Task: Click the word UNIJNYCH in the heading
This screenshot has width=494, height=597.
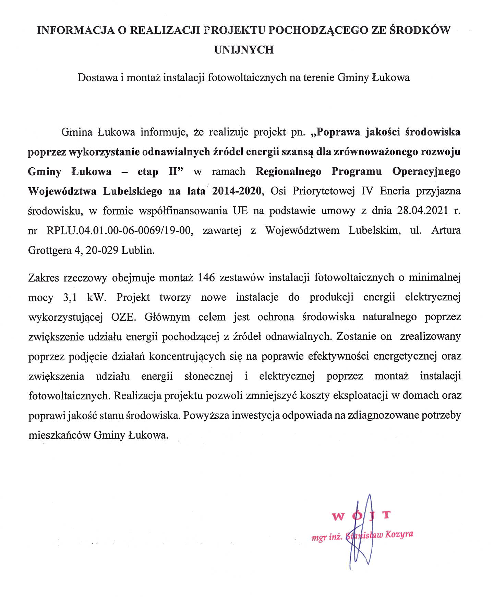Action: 244,50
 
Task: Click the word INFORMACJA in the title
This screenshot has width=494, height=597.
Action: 75,31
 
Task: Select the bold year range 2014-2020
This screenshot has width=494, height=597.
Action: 237,191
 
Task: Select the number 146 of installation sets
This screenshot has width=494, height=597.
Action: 206,277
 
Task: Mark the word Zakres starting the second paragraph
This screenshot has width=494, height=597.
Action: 43,277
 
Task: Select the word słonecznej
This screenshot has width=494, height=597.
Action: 209,376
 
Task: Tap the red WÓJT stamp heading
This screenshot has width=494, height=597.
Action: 361,515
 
